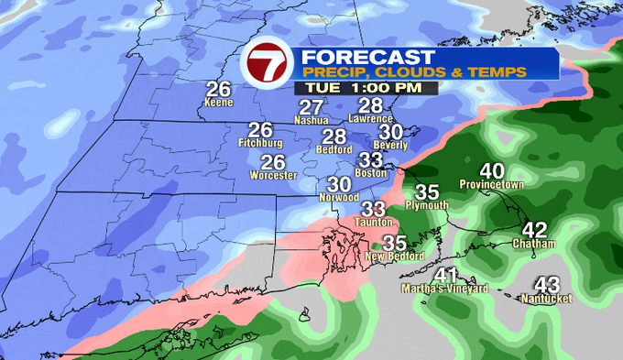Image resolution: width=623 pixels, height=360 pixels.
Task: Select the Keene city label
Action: (218, 104)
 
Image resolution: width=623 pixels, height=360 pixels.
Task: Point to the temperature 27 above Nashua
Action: (311, 106)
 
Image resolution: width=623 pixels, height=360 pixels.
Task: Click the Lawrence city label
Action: (371, 119)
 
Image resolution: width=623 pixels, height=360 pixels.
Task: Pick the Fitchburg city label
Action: (260, 145)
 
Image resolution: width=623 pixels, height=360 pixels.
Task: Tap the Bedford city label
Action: (334, 149)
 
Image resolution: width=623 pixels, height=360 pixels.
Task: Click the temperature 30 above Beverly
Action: (391, 132)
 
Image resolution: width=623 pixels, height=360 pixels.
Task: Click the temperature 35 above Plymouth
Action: (427, 192)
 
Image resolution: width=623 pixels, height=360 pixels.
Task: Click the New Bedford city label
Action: (394, 256)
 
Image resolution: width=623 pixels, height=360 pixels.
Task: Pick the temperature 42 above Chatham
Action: (535, 230)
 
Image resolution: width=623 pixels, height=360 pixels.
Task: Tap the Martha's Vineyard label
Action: (445, 289)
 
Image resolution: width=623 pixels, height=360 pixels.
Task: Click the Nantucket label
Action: (546, 300)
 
